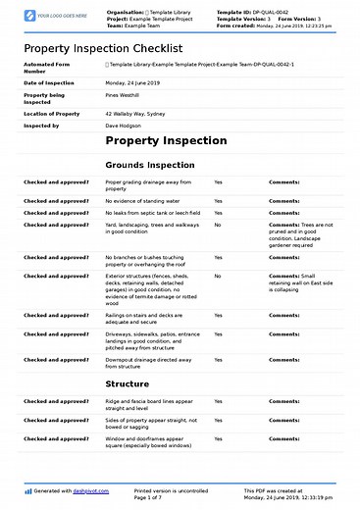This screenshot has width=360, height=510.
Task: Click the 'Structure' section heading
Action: click(128, 383)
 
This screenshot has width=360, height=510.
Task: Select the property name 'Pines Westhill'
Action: click(124, 95)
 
